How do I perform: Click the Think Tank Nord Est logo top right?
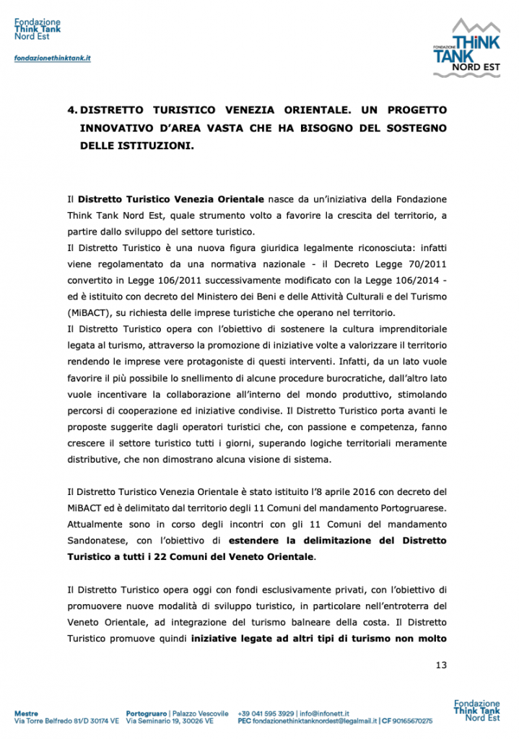[466, 49]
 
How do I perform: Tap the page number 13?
[442, 665]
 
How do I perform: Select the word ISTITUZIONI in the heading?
[158, 145]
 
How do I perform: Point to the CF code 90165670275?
[407, 721]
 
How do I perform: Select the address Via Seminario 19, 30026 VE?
[170, 721]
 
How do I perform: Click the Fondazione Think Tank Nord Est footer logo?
[476, 710]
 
